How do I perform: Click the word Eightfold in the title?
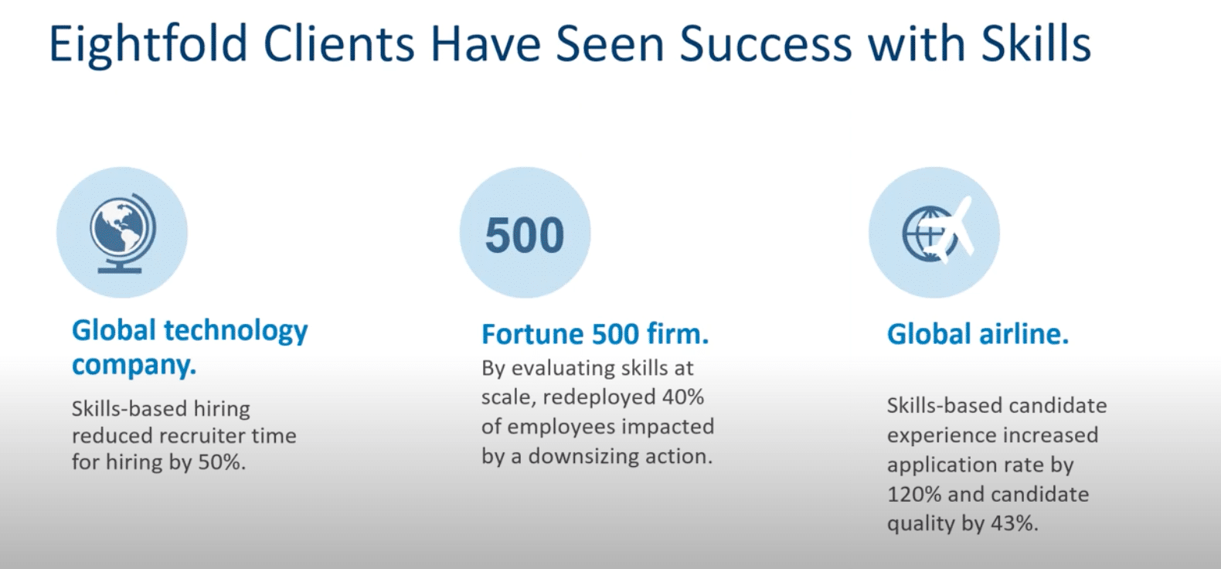coord(148,44)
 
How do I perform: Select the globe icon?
coord(122,232)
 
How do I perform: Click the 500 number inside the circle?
coord(525,235)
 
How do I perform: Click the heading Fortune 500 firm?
coord(594,334)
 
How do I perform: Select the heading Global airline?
coord(978,334)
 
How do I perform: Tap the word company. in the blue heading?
coord(134,364)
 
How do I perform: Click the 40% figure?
coord(683,397)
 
